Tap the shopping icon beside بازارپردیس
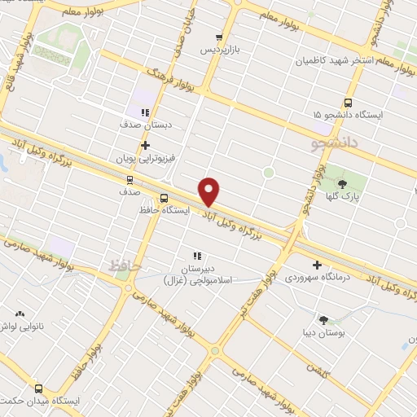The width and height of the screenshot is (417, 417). (x=217, y=37)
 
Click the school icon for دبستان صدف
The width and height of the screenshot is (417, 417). (x=145, y=112)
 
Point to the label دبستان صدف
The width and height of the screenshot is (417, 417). (x=144, y=125)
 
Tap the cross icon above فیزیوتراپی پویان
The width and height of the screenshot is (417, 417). (x=145, y=146)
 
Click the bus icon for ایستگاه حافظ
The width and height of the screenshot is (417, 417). (x=164, y=197)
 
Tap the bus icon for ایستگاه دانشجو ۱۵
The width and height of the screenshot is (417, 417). (x=349, y=103)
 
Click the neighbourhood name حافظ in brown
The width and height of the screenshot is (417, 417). (x=125, y=265)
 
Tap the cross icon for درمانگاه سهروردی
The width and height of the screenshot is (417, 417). (x=317, y=265)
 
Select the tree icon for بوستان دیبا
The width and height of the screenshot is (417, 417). (x=324, y=320)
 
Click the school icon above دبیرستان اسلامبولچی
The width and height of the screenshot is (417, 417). (x=196, y=256)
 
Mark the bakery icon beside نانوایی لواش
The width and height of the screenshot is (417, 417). (x=20, y=314)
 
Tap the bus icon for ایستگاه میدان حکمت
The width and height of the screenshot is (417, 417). (x=39, y=388)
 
